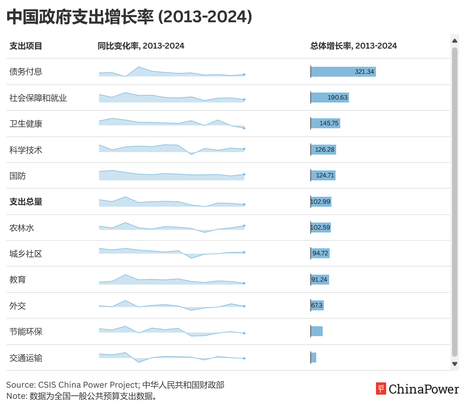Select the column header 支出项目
pyautogui.click(x=26, y=46)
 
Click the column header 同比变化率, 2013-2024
pyautogui.click(x=141, y=46)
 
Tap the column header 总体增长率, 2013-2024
pyautogui.click(x=353, y=46)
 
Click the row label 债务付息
pyautogui.click(x=26, y=72)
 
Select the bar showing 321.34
pyautogui.click(x=343, y=72)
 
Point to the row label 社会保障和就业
pyautogui.click(x=38, y=98)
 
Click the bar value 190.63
pyautogui.click(x=337, y=98)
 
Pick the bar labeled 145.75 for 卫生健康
pyautogui.click(x=326, y=123)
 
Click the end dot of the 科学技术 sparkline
pyautogui.click(x=244, y=149)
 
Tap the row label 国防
pyautogui.click(x=18, y=176)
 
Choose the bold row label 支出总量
pyautogui.click(x=26, y=202)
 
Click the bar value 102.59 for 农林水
pyautogui.click(x=320, y=228)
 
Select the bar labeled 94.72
pyautogui.click(x=320, y=253)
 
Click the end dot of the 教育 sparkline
pyautogui.click(x=244, y=283)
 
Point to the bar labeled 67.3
pyautogui.click(x=317, y=305)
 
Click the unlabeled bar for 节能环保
pyautogui.click(x=317, y=331)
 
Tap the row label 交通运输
pyautogui.click(x=26, y=358)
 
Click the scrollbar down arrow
pyautogui.click(x=455, y=364)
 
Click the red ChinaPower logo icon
pyautogui.click(x=381, y=389)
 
